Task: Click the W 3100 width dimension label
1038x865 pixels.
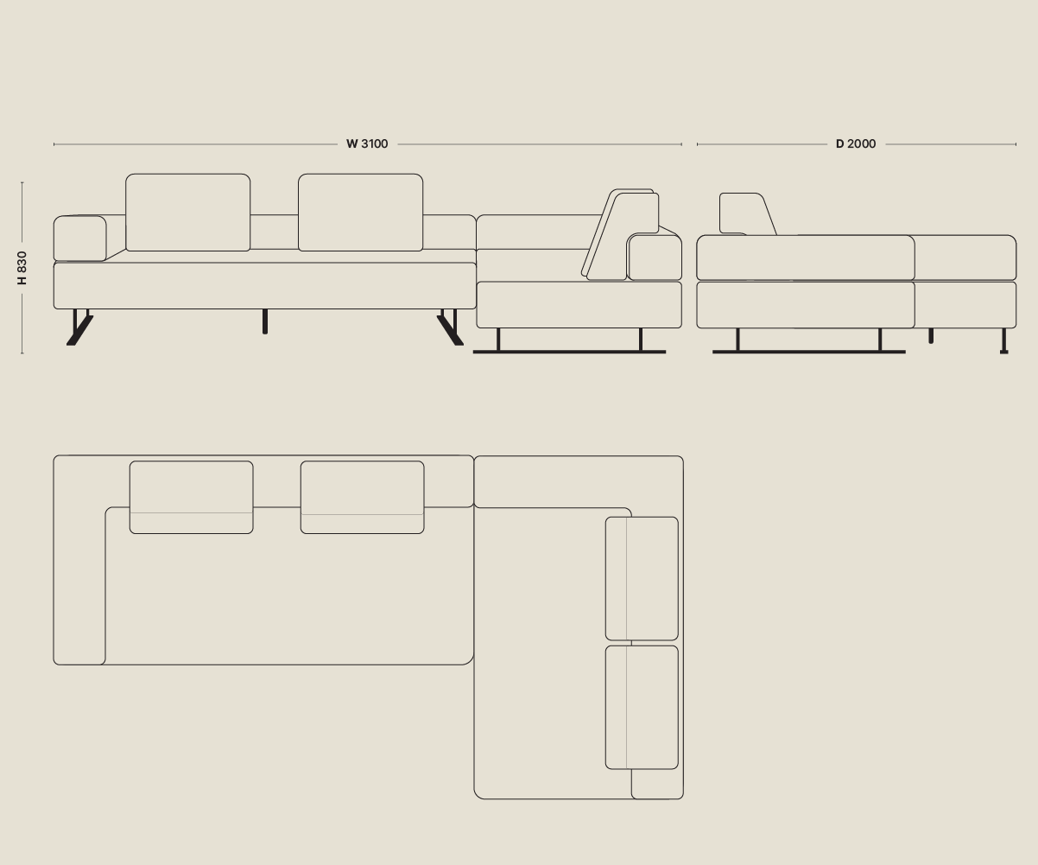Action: tap(367, 144)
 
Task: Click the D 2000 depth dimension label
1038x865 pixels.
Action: tap(855, 144)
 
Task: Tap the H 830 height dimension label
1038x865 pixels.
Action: tap(22, 268)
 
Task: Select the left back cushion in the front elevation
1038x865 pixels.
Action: tap(187, 213)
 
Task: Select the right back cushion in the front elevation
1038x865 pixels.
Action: tap(360, 213)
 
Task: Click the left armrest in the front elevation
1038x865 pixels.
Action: tap(79, 239)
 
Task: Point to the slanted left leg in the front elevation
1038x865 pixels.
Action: tap(79, 330)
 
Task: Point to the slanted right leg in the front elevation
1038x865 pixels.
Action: tap(450, 330)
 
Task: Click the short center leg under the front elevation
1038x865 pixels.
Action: tap(264, 321)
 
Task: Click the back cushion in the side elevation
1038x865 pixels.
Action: tap(741, 213)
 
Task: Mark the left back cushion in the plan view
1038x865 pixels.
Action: tap(191, 497)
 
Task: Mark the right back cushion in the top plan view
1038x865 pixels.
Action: tap(362, 497)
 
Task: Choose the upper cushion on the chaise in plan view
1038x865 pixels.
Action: tap(642, 578)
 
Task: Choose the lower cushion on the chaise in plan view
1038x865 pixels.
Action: tap(642, 707)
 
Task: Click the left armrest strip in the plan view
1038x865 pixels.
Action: tap(79, 588)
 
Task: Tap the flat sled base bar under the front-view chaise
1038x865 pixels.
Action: tap(569, 352)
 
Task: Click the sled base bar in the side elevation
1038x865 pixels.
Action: tap(808, 352)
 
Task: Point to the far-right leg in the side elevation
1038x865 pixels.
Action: tap(1003, 341)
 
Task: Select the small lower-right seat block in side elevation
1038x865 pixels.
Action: tap(965, 305)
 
